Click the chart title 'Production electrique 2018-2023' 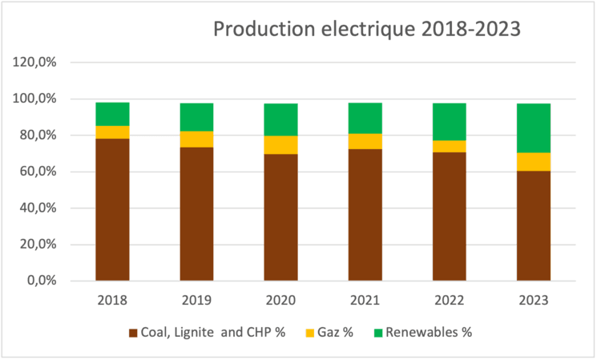[366, 30]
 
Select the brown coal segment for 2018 [112, 209]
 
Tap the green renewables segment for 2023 [533, 128]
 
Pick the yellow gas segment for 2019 [196, 139]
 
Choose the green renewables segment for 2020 [280, 119]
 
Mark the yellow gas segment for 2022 [449, 146]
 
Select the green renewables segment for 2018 [112, 114]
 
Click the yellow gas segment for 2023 [533, 161]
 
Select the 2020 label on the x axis [280, 301]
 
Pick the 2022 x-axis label [449, 301]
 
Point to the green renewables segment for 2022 [449, 121]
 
